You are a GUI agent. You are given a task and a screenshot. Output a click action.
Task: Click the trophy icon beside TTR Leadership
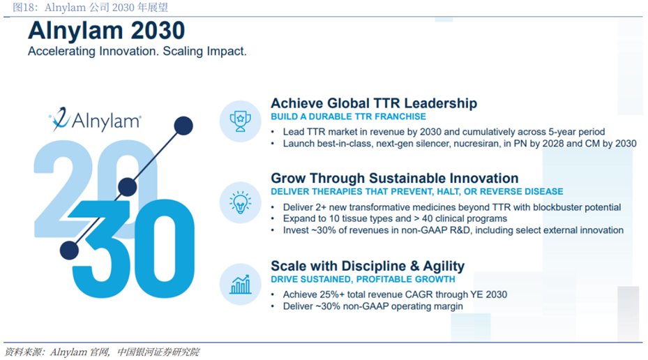(240, 121)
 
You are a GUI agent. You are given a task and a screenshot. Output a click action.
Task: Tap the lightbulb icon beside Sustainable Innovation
(240, 202)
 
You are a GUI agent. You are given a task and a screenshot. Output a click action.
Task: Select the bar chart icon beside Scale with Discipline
(240, 285)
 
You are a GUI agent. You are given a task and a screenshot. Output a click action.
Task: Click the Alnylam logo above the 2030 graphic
(96, 120)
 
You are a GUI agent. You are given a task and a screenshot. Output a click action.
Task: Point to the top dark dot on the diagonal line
(183, 126)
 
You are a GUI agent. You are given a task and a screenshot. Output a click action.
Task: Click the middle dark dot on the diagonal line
(127, 187)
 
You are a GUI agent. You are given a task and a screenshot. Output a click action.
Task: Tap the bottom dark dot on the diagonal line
(70, 250)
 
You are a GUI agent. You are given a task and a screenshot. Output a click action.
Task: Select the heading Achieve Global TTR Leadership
(374, 103)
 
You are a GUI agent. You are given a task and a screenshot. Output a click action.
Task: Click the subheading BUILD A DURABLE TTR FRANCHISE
(348, 117)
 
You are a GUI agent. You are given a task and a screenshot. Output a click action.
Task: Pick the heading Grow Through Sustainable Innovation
(395, 178)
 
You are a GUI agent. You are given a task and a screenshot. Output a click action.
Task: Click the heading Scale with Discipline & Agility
(368, 266)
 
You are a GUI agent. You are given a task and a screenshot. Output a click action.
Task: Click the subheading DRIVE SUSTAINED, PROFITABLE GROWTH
(363, 279)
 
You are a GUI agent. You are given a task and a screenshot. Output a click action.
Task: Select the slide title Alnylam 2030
(107, 30)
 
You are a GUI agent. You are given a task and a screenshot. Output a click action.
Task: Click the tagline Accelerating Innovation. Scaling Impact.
(137, 51)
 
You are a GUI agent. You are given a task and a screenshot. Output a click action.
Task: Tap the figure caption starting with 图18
(90, 8)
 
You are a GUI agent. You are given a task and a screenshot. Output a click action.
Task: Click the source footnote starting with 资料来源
(102, 352)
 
